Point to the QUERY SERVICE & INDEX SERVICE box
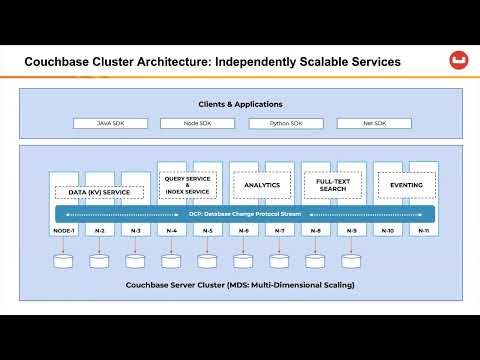(x=188, y=185)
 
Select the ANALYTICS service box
(x=261, y=185)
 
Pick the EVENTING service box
(x=405, y=185)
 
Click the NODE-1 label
(x=64, y=231)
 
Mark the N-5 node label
(x=207, y=231)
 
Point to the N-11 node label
(x=423, y=231)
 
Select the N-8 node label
(x=315, y=231)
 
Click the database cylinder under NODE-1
(x=64, y=261)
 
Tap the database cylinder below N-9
(x=351, y=261)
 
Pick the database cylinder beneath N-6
(x=243, y=261)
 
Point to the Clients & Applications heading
(x=239, y=103)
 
